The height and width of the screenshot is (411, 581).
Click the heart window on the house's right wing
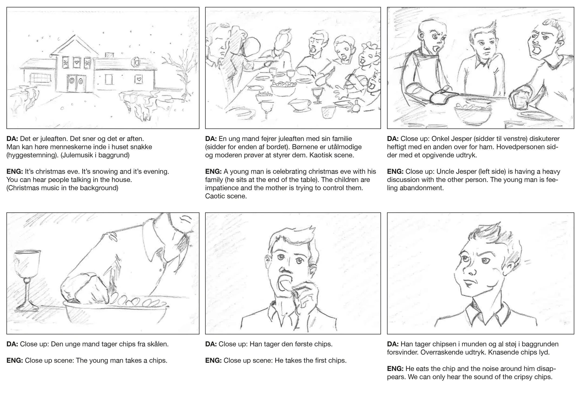139,79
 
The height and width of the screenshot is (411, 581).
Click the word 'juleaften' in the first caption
53,139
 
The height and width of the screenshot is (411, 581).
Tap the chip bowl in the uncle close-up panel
473,114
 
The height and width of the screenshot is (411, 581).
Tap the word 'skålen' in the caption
157,344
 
